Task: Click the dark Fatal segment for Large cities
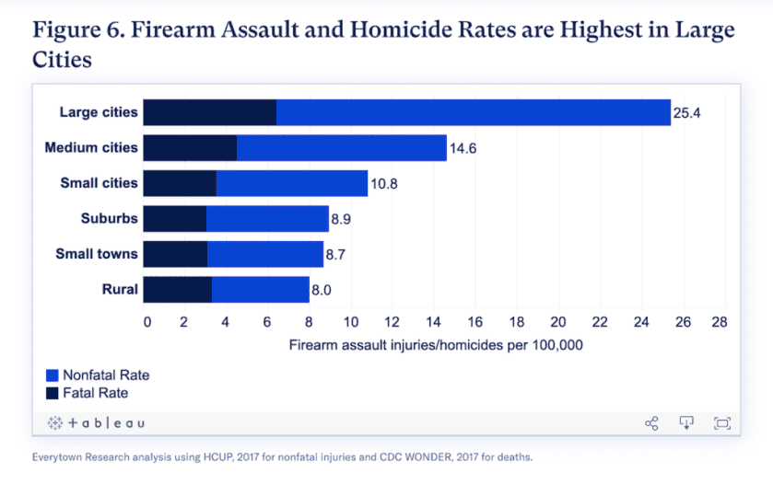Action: [210, 112]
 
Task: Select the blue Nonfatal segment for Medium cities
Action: [341, 147]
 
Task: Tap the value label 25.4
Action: [688, 113]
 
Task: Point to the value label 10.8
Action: [384, 183]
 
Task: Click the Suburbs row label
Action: [109, 218]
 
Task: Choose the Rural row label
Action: [120, 289]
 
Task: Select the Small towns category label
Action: [97, 254]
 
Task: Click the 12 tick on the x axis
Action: [392, 322]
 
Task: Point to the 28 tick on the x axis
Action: [720, 322]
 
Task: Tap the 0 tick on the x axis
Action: [146, 322]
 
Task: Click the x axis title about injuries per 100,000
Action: [436, 346]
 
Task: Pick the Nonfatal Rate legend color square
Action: [53, 375]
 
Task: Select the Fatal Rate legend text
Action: [95, 393]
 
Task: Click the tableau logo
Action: [96, 423]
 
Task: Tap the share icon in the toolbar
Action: [651, 423]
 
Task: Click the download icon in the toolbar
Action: [686, 423]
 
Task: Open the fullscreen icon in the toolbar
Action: [721, 423]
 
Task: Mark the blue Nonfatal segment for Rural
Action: [261, 289]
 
